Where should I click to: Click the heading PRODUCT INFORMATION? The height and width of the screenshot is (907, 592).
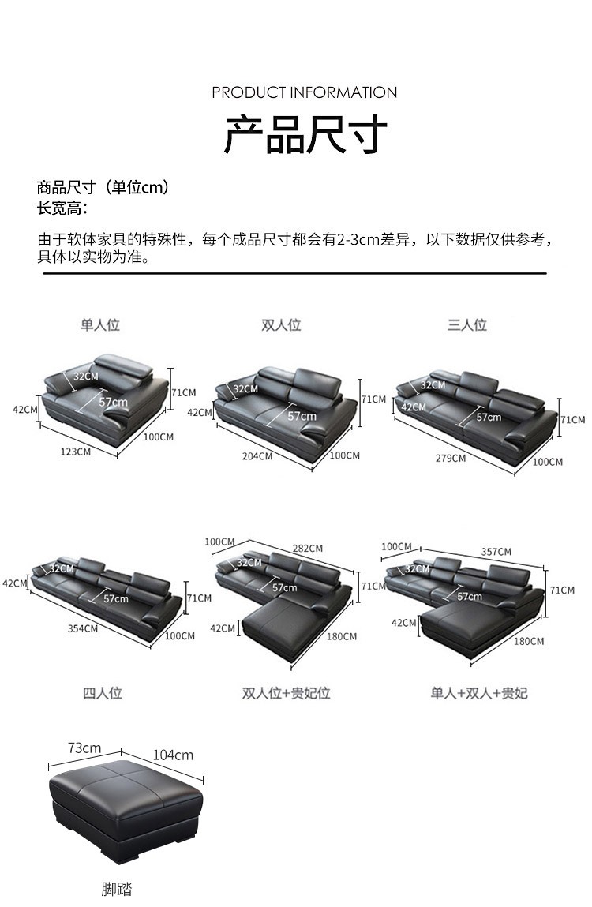coord(304,92)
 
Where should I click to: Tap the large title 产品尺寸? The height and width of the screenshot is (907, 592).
coord(305,134)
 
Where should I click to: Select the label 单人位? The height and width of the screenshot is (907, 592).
coord(99,324)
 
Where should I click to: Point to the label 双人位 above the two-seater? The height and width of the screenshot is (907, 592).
coord(281,325)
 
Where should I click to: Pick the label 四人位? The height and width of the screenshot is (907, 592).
coord(103,693)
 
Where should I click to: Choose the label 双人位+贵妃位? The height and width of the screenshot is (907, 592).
coord(286,693)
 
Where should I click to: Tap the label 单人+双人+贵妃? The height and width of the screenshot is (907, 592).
coord(478,693)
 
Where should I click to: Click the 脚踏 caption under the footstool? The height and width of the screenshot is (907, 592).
coord(116,890)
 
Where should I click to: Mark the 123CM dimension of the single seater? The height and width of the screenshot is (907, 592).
coord(75,452)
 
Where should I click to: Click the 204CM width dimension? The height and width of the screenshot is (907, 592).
coord(257,456)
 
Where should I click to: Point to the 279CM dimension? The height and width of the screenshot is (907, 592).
coord(451,458)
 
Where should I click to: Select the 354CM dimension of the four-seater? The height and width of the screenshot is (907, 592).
coord(82,628)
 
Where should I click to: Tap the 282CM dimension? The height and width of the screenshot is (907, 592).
coord(307,549)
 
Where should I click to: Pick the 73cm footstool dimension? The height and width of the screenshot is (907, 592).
coord(84,748)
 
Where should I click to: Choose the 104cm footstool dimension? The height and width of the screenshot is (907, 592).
coord(173,755)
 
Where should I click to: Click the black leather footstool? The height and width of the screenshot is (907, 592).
coord(125,805)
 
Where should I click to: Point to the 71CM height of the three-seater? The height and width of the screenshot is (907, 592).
coord(573,420)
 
